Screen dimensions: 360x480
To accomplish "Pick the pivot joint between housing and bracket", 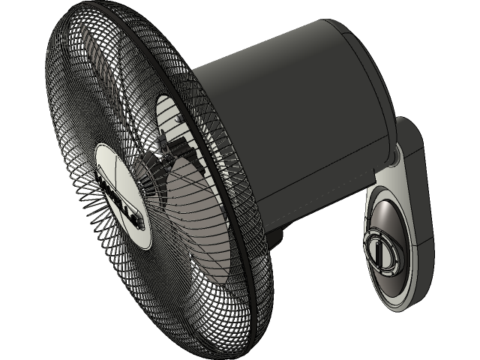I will click(393, 157).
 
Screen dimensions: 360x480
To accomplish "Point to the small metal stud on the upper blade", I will click(179, 118).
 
